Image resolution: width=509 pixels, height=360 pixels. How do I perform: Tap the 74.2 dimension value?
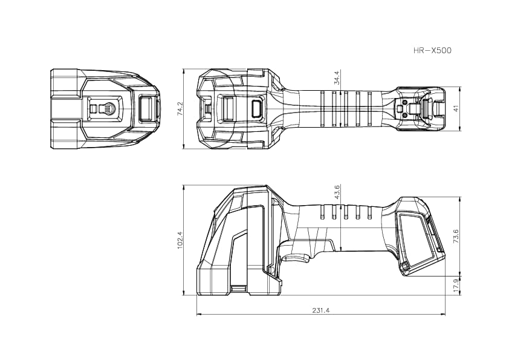180,108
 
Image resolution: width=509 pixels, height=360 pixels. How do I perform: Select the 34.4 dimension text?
337,77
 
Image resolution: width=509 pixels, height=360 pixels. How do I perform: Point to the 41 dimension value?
455,108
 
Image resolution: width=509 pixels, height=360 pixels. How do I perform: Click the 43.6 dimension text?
337,192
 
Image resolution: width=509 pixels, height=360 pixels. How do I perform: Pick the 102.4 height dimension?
180,240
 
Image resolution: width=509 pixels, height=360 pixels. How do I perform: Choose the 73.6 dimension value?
455,236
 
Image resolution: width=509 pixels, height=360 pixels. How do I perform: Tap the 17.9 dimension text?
455,286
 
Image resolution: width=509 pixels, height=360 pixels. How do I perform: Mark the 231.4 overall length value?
320,310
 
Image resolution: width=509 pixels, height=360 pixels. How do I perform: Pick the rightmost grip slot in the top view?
369,108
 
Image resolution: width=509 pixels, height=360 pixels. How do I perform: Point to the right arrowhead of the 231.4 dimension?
443,315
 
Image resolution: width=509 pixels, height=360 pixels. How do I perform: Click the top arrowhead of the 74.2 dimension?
184,70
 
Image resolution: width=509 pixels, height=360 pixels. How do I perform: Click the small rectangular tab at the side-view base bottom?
239,289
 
